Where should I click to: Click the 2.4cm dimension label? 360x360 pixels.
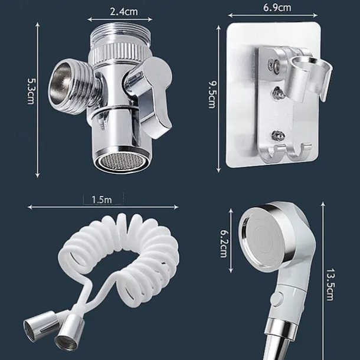[x=124, y=12]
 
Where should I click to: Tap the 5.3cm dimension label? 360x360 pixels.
[x=31, y=91]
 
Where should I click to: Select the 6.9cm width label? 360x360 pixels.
[x=277, y=8]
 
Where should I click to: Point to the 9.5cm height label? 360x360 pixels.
[x=212, y=94]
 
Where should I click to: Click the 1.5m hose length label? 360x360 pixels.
[x=102, y=199]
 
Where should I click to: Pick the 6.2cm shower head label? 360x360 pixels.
[x=224, y=244]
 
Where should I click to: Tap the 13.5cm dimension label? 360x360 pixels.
[x=330, y=284]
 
